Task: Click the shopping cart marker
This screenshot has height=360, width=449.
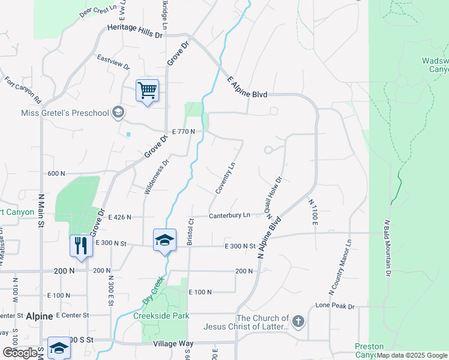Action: pos(147,91)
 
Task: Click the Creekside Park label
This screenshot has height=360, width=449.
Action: pos(161,316)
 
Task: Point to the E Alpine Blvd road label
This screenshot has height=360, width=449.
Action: pos(247,87)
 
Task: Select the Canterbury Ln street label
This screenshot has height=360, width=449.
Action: pos(229,215)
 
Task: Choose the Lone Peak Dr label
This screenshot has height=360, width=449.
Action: pos(335,306)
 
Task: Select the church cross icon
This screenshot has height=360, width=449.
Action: pos(298,321)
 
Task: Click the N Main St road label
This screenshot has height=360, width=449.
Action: pos(41,211)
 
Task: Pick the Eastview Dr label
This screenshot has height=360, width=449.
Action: pos(113,62)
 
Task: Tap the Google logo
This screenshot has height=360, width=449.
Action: pos(20,353)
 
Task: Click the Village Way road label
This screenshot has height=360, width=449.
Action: pos(173,344)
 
